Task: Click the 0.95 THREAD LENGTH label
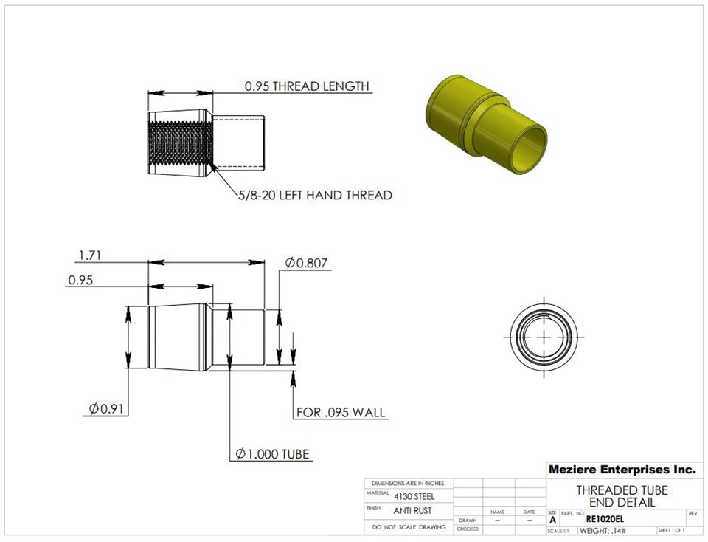tap(307, 86)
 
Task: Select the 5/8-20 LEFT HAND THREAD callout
tap(315, 196)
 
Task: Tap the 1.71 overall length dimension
tap(89, 255)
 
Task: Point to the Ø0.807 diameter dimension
tap(306, 263)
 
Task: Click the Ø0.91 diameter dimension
tap(105, 408)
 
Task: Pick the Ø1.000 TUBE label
tap(272, 453)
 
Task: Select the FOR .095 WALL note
tap(341, 412)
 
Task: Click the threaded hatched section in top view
tap(181, 143)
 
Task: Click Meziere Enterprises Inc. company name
tap(622, 470)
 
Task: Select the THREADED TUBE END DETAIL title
tap(622, 496)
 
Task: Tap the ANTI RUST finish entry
tap(412, 510)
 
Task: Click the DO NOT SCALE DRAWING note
tap(409, 527)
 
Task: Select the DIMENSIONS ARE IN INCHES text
tap(408, 483)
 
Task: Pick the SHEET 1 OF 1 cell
tap(670, 531)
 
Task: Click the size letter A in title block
tap(553, 520)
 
